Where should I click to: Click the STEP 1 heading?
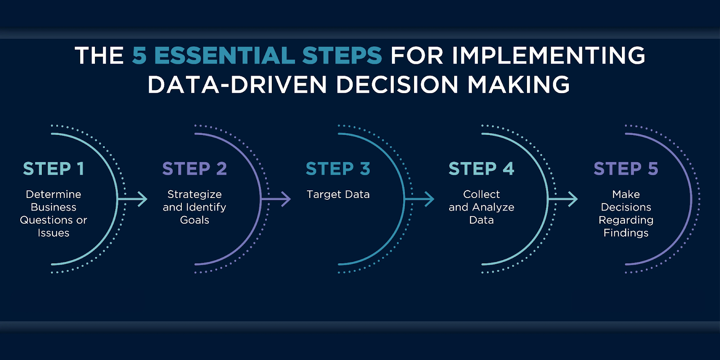(54, 169)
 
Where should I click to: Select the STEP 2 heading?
(194, 169)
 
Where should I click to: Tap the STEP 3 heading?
(338, 169)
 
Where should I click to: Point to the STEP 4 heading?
(481, 169)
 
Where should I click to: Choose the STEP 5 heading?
(626, 169)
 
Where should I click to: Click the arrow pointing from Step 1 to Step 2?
(133, 199)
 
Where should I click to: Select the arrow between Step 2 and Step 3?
(276, 199)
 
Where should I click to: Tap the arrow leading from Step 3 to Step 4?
(419, 199)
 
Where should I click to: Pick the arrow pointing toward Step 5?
(563, 199)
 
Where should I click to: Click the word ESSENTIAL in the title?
(225, 55)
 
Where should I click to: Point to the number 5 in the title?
(139, 55)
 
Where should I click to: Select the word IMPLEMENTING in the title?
(549, 55)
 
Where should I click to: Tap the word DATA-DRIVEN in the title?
(237, 85)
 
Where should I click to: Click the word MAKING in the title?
(518, 85)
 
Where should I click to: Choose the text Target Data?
(338, 194)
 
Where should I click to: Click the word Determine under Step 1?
(54, 194)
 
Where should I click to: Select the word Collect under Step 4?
(481, 194)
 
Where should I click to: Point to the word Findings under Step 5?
(626, 233)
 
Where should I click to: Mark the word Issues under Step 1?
(54, 233)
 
